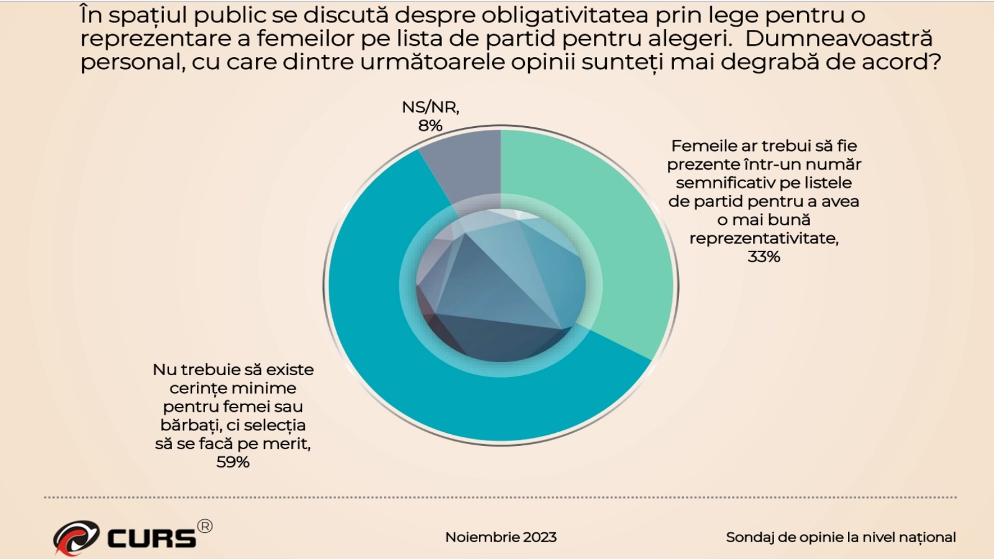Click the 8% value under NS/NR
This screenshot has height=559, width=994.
[430, 125]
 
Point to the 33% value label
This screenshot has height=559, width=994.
[764, 257]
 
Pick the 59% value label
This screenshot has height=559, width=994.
[233, 462]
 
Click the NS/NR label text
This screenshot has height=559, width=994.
[430, 107]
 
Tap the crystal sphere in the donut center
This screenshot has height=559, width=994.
[501, 286]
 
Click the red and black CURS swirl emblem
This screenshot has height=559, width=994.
[76, 537]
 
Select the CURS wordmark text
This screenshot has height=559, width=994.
[152, 539]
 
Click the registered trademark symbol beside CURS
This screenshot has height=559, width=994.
[204, 526]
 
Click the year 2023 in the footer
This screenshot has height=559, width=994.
[540, 537]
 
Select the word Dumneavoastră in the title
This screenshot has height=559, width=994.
[839, 39]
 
